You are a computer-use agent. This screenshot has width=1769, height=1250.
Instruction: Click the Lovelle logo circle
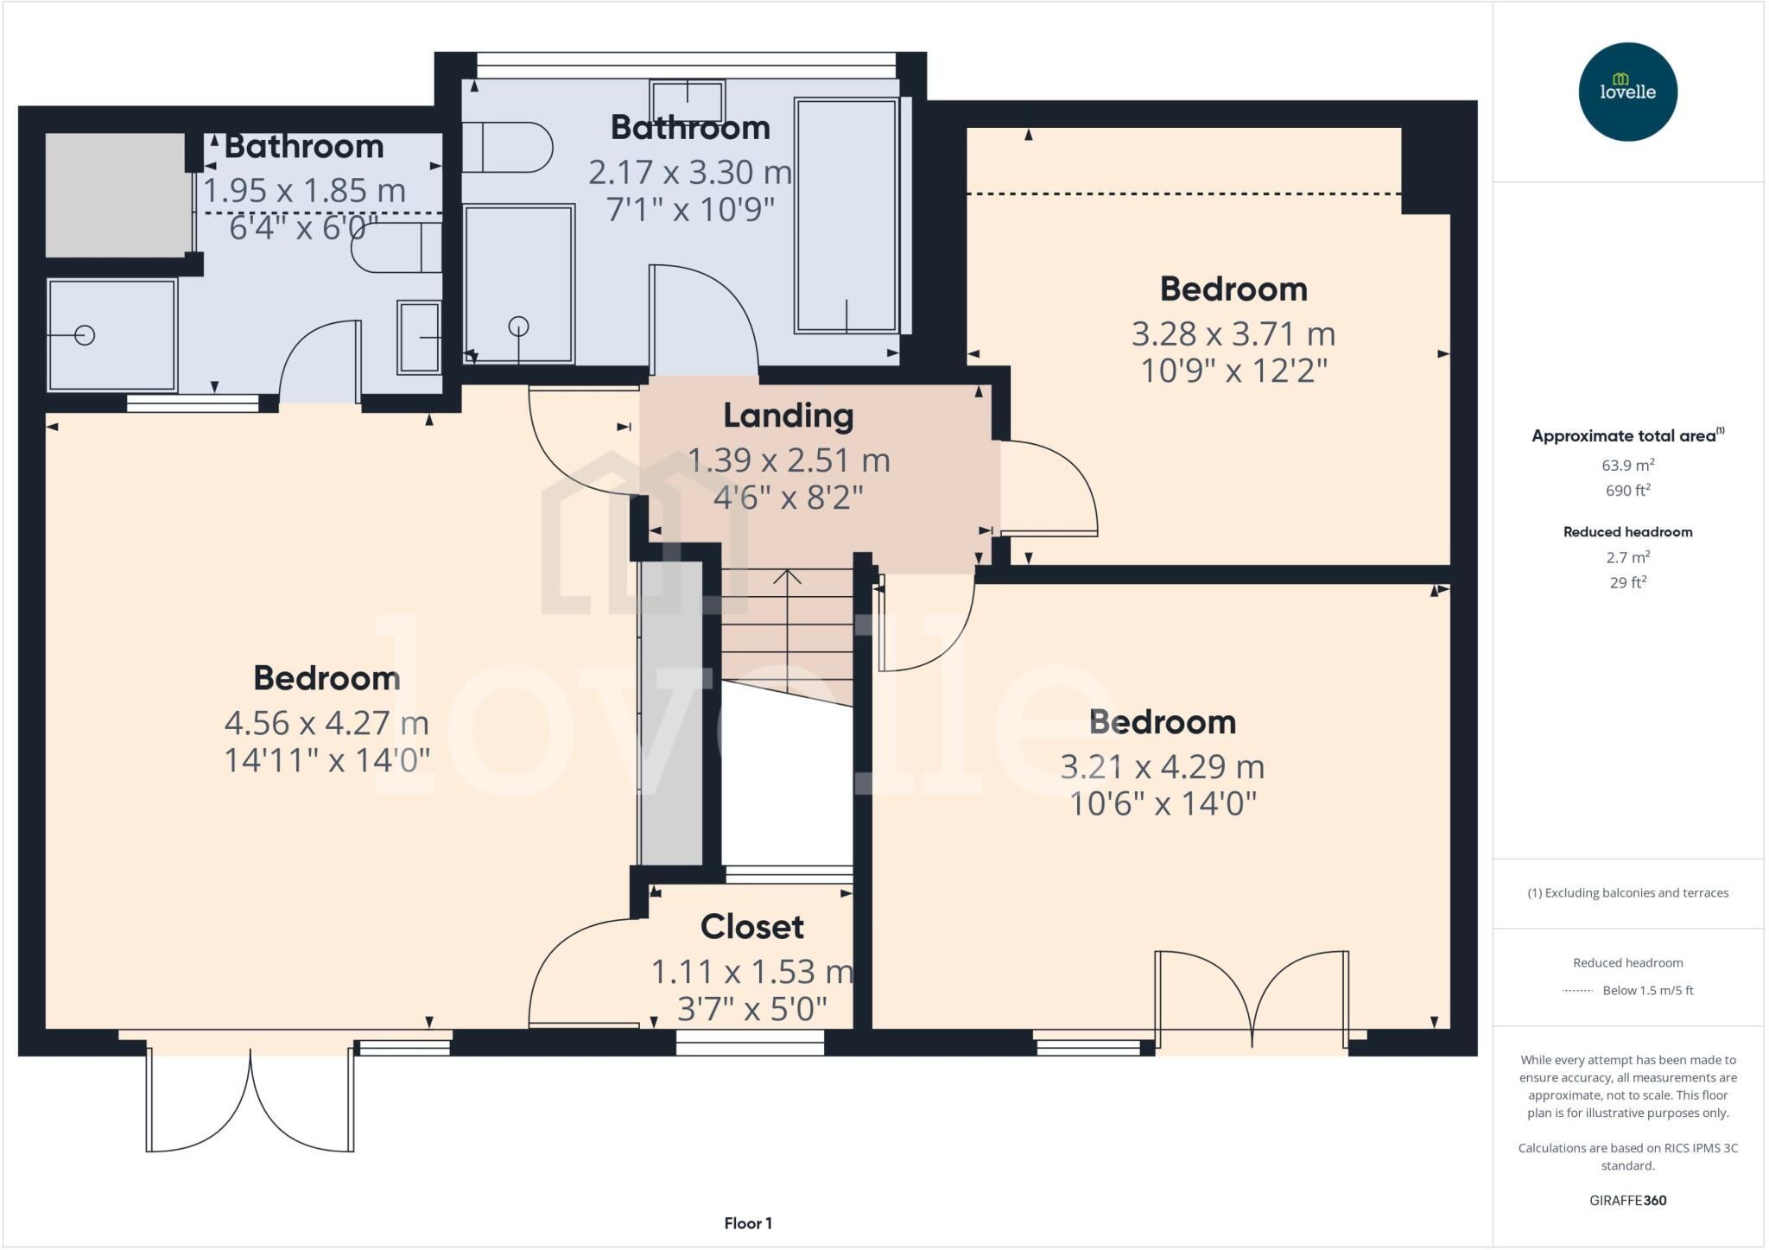[1627, 92]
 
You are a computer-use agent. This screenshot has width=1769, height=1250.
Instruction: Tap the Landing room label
[788, 416]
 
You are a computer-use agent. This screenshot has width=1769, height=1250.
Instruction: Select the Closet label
[751, 927]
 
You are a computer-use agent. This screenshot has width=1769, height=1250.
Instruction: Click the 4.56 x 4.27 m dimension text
[327, 722]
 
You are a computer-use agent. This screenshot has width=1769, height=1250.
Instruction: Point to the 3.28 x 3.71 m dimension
[1233, 333]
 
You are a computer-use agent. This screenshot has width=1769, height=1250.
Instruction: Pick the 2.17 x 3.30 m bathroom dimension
[690, 173]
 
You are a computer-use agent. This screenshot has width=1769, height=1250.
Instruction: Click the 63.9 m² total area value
[1627, 465]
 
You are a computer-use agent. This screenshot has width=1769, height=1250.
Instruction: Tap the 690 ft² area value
[1627, 490]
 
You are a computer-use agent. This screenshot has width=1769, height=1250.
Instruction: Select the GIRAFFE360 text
[1627, 1200]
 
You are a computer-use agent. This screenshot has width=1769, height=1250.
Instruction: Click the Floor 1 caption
[748, 1223]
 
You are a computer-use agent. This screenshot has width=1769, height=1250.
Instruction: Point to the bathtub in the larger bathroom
[847, 216]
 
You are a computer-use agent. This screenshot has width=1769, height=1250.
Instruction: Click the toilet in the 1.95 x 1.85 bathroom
[396, 248]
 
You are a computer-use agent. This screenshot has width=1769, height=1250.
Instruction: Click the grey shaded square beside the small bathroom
[115, 194]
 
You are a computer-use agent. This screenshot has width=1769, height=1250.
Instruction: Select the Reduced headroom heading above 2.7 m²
[1627, 532]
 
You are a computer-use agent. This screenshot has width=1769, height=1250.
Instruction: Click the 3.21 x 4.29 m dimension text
[1162, 767]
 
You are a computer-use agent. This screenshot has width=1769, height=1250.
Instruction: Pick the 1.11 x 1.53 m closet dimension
[751, 972]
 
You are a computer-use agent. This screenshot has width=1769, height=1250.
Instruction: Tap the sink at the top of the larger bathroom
[688, 101]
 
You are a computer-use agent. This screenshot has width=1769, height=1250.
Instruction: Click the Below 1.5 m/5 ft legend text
[1648, 990]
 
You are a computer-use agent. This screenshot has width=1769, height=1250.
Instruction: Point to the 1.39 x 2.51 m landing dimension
[788, 460]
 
